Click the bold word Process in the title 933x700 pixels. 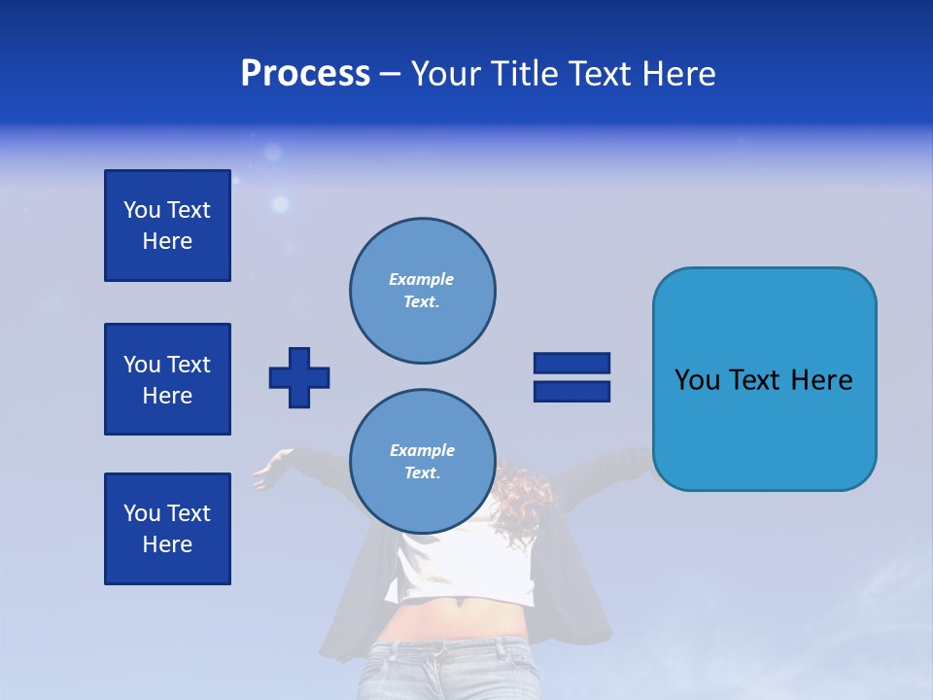305,74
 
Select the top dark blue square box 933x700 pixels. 167,226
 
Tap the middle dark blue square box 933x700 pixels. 167,379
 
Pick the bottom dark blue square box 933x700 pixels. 167,529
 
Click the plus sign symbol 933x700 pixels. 299,377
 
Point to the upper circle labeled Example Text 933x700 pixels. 423,291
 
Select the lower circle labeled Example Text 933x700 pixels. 423,462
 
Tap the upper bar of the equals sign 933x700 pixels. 571,363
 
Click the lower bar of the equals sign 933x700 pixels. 571,392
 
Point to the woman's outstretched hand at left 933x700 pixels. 266,473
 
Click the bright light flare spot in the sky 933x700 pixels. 280,204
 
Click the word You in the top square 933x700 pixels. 142,210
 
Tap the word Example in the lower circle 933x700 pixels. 422,450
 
